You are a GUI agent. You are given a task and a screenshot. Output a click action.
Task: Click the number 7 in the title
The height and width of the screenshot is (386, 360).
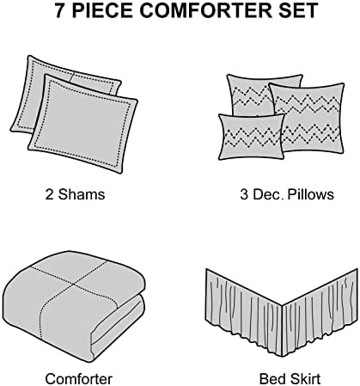click(60, 10)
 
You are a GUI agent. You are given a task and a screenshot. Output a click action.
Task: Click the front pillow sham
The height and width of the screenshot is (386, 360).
click(83, 123)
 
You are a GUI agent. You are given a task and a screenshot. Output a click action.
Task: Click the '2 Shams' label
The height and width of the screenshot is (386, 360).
click(75, 194)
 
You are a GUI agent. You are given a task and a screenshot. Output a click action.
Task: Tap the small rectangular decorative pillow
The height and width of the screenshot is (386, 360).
click(251, 137)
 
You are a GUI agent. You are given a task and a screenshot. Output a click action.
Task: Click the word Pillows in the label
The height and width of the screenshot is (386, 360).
click(310, 194)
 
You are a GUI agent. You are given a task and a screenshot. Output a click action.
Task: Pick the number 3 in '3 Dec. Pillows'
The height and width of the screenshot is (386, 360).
click(244, 194)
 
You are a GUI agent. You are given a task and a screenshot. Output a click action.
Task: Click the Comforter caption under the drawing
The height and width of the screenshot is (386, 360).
click(79, 379)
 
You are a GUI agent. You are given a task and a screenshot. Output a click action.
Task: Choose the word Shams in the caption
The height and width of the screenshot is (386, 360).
click(82, 194)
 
